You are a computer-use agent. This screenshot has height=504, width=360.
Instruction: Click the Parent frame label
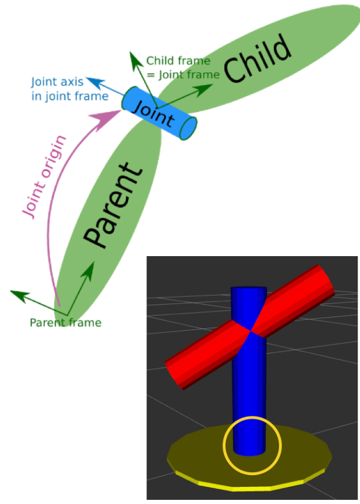point(66,323)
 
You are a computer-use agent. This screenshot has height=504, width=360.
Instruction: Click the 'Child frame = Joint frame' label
point(183,67)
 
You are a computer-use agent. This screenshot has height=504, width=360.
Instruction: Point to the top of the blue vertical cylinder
point(248,290)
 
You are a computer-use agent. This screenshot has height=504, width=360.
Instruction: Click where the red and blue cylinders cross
point(251,331)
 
